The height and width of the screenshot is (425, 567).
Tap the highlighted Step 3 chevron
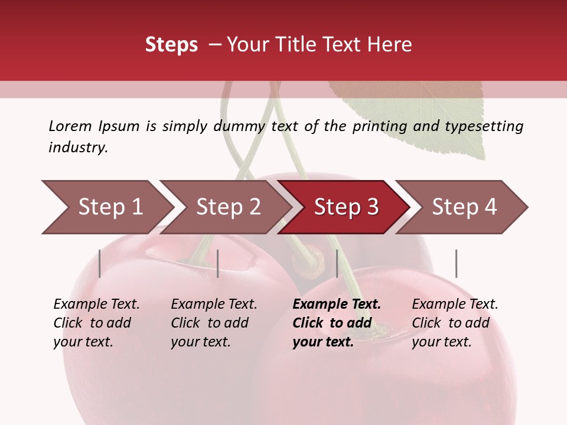pyautogui.click(x=346, y=207)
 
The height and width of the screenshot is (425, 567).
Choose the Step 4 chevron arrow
pyautogui.click(x=464, y=207)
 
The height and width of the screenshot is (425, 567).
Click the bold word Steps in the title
pyautogui.click(x=171, y=45)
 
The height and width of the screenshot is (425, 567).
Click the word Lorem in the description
pyautogui.click(x=70, y=126)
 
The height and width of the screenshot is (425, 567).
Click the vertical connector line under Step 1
pyautogui.click(x=100, y=263)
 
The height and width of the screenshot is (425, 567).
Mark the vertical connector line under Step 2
pyautogui.click(x=218, y=263)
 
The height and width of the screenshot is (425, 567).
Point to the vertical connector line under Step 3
pyautogui.click(x=337, y=263)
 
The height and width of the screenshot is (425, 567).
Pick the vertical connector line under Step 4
pyautogui.click(x=456, y=263)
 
